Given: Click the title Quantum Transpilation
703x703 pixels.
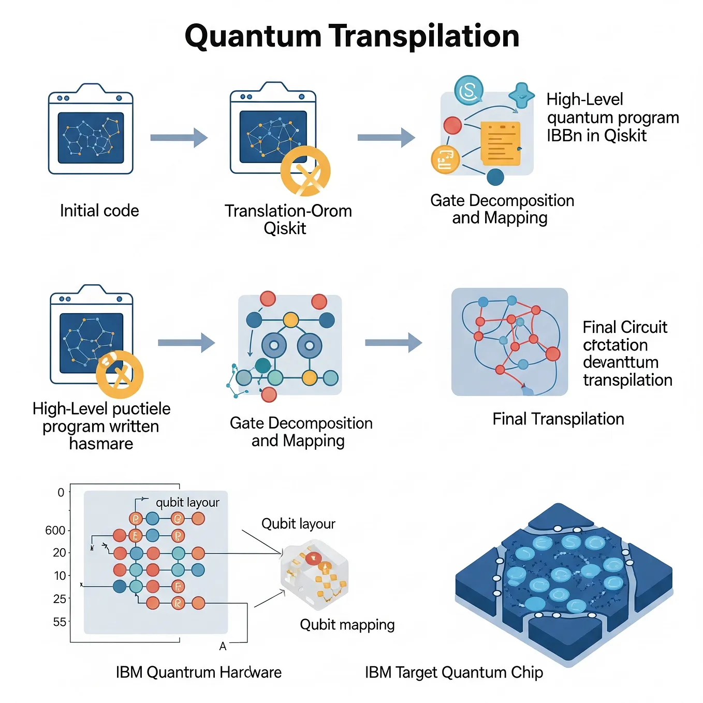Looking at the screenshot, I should pos(352,36).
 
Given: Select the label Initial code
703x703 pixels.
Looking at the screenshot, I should pos(99,211).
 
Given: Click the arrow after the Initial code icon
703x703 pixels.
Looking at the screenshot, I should pos(179,138).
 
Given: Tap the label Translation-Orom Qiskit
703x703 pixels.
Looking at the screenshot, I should pos(288,219).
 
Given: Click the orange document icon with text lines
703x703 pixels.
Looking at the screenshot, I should pos(500,143).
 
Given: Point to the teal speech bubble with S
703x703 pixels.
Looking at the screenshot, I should pos(468,90).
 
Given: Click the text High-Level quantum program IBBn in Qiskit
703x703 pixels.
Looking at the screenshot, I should pos(612,118).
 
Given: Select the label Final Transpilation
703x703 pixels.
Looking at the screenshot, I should pos(558,419).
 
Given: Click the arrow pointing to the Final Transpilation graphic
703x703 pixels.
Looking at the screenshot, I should pos(393,343).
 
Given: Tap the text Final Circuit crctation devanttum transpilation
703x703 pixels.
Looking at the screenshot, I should pos(627,354).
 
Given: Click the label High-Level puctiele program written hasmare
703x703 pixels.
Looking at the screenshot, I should pos(101,426).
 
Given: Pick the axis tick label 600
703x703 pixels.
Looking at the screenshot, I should pos(55,530).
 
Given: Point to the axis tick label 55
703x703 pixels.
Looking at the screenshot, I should pos(60,622).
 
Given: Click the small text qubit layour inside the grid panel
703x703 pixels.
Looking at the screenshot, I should pos(187,502).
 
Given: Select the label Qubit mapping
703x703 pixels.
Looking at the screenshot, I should pos(347,624).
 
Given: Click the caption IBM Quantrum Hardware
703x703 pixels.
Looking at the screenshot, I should pos(199,672).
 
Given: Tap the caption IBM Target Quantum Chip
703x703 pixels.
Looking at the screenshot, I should pos(454,672).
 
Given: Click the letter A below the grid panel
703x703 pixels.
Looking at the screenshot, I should pos(223,646).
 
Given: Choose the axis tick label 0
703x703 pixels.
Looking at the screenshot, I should pos(61,492).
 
